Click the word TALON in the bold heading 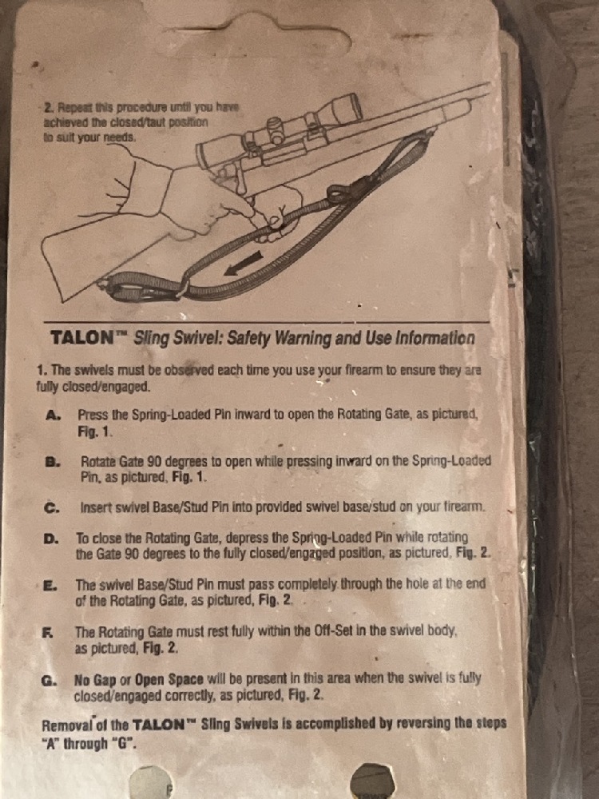point(82,338)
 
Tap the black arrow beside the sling point(244,264)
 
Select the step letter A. point(53,415)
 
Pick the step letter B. point(53,462)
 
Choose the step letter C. point(52,508)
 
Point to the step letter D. point(51,539)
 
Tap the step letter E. point(50,586)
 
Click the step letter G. point(49,681)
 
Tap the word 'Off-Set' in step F point(333,631)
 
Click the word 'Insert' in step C point(96,507)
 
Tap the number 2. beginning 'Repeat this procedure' point(50,108)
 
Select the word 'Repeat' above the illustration point(73,108)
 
